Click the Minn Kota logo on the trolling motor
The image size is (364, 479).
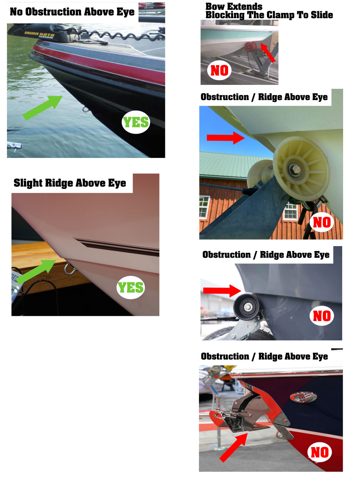click(39, 35)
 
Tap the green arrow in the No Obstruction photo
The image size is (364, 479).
click(43, 108)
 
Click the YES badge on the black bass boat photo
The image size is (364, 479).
click(136, 122)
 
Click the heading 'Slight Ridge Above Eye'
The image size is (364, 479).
click(70, 183)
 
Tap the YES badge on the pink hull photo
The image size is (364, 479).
click(131, 287)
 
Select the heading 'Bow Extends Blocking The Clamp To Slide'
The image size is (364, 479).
click(269, 11)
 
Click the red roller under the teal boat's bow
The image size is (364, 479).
click(251, 47)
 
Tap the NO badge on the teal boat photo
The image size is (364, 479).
click(219, 71)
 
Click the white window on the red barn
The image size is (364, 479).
click(204, 207)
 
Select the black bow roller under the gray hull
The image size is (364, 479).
click(247, 306)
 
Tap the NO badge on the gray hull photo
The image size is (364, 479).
click(322, 316)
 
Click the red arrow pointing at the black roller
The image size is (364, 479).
click(222, 291)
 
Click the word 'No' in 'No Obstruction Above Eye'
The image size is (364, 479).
click(16, 12)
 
